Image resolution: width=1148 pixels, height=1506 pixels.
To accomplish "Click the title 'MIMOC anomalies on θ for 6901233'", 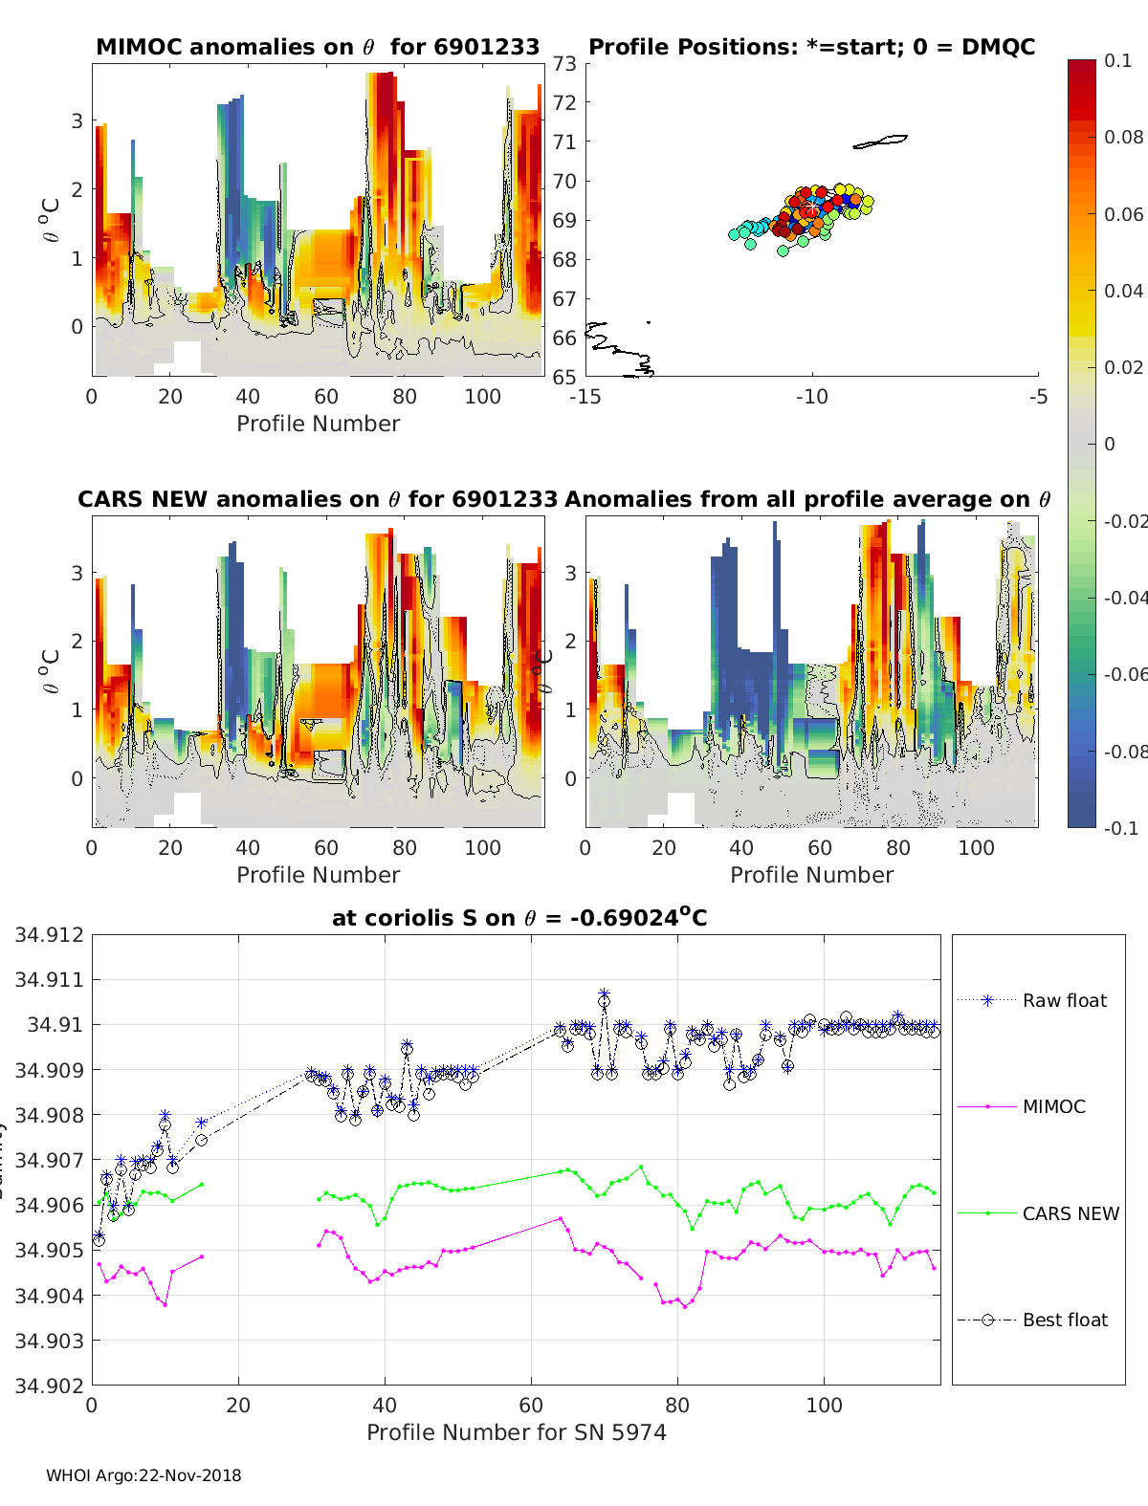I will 318,47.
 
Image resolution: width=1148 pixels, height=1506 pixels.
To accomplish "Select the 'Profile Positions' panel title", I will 811,47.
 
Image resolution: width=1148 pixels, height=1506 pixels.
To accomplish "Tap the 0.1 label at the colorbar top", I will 1117,60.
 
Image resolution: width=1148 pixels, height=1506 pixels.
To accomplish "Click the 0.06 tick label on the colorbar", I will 1123,214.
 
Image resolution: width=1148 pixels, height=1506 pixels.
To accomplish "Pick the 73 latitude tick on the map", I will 564,63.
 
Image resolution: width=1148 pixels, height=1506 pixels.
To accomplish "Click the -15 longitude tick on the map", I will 585,396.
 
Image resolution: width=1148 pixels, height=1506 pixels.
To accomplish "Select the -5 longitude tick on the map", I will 1039,396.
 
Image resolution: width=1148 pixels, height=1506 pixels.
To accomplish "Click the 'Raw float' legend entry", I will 1064,1000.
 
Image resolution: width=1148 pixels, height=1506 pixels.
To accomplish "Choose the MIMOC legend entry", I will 1053,1106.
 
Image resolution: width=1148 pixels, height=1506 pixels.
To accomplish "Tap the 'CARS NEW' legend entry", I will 1071,1213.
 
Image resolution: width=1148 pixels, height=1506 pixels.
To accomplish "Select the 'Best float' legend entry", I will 1065,1320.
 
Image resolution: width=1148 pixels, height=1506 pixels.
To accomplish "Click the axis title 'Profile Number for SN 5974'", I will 516,1432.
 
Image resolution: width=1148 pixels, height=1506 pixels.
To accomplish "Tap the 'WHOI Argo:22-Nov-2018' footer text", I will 143,1475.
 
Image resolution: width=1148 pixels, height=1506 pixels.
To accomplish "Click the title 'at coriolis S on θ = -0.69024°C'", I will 519,918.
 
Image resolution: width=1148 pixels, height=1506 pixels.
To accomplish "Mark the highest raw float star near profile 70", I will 604,995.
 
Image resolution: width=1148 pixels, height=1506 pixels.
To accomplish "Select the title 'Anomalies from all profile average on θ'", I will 807,499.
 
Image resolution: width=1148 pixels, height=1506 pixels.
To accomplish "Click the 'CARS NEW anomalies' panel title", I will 318,499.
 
